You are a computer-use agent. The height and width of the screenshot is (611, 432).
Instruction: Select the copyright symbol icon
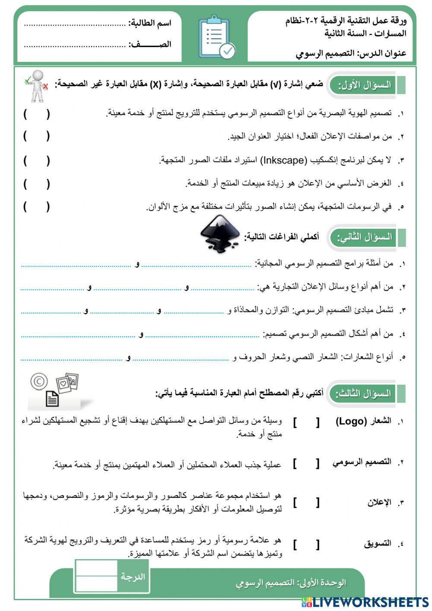[39, 382]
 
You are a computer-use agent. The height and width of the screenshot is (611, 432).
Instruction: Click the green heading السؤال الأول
[364, 85]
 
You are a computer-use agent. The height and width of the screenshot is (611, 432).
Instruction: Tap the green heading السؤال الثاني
[364, 237]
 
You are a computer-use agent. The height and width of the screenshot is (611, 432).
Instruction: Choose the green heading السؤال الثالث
[363, 393]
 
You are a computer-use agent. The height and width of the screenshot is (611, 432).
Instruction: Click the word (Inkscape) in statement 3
[283, 160]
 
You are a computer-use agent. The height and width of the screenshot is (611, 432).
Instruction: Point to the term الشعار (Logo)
[363, 421]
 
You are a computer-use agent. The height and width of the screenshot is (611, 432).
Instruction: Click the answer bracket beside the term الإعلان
[306, 502]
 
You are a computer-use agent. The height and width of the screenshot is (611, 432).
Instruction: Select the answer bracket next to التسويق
[306, 544]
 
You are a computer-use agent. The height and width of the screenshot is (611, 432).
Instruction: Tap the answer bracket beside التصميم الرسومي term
[306, 464]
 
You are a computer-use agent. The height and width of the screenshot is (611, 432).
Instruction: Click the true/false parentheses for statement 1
[37, 114]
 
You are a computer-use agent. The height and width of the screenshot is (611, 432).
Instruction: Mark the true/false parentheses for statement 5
[37, 207]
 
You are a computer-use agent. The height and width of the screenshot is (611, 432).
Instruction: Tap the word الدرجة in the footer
[133, 576]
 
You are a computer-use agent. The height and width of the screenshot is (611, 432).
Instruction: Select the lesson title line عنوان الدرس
[351, 54]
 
